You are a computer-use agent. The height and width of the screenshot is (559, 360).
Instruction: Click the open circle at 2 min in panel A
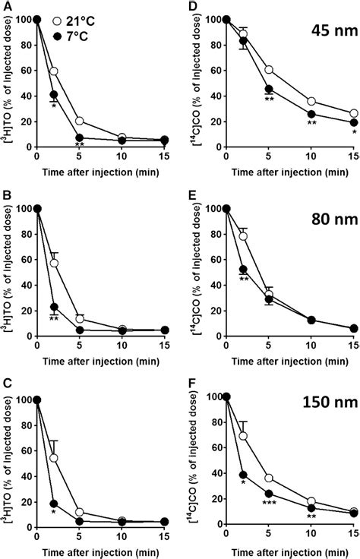[54, 71]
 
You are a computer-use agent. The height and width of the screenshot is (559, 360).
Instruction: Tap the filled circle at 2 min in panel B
[54, 307]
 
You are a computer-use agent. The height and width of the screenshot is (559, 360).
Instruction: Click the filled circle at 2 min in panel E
[243, 270]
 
